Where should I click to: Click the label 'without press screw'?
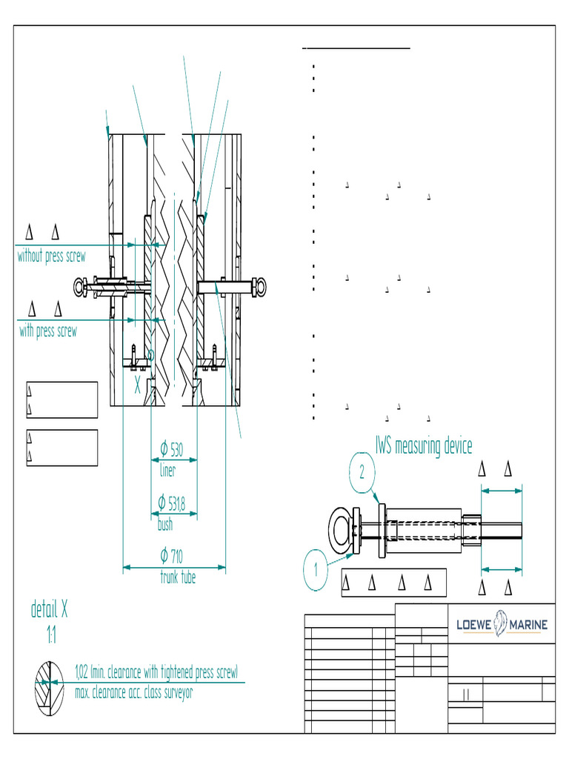click(51, 257)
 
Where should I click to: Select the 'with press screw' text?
click(48, 331)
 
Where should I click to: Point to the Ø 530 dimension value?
click(172, 449)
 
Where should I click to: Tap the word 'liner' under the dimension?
click(168, 470)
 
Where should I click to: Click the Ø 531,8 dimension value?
click(172, 503)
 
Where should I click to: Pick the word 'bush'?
click(165, 525)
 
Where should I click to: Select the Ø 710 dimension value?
click(172, 556)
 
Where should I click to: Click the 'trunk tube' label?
click(178, 577)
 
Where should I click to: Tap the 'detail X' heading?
click(50, 610)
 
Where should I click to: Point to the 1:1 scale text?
click(50, 635)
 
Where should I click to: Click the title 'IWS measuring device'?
click(423, 446)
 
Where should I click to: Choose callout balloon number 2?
click(362, 472)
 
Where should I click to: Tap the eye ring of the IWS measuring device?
click(342, 531)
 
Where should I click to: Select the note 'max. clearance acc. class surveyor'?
click(134, 694)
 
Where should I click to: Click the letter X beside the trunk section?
click(137, 386)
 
